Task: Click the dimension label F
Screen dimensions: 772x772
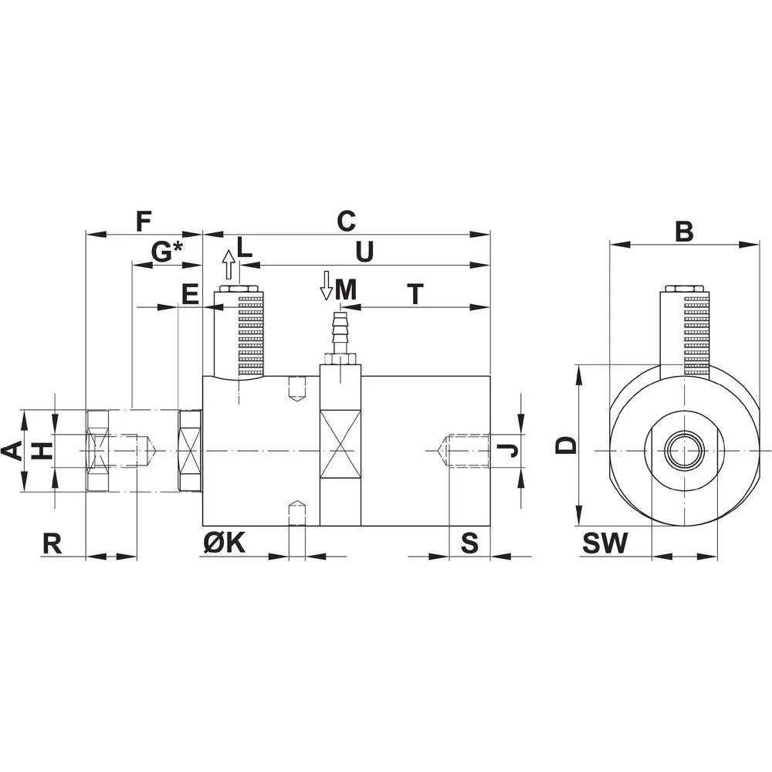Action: point(142,221)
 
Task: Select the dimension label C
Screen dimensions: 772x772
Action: point(345,221)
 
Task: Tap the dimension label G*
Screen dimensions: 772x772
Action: point(167,251)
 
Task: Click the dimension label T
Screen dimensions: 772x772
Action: point(416,293)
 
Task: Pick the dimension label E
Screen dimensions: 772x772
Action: point(189,293)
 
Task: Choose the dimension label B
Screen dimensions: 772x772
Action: point(684,231)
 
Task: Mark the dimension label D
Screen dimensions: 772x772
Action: point(567,445)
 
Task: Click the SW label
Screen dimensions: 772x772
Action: point(604,543)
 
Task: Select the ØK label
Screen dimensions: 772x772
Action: point(224,543)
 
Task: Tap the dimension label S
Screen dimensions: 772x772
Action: point(469,543)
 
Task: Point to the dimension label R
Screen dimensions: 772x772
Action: point(52,543)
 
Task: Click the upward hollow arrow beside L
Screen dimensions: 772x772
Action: point(228,266)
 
